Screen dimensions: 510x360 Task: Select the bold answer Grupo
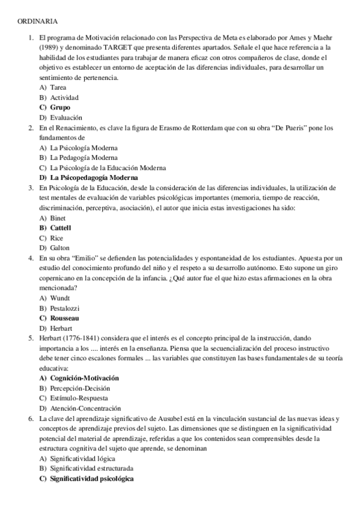pyautogui.click(x=59, y=107)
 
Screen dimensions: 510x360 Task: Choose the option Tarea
pyautogui.click(x=58, y=87)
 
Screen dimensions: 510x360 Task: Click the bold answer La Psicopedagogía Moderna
pyautogui.click(x=94, y=178)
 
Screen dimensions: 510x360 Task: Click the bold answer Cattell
pyautogui.click(x=60, y=229)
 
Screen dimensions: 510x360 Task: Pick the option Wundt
pyautogui.click(x=60, y=298)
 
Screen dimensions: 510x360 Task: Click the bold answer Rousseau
pyautogui.click(x=65, y=318)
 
